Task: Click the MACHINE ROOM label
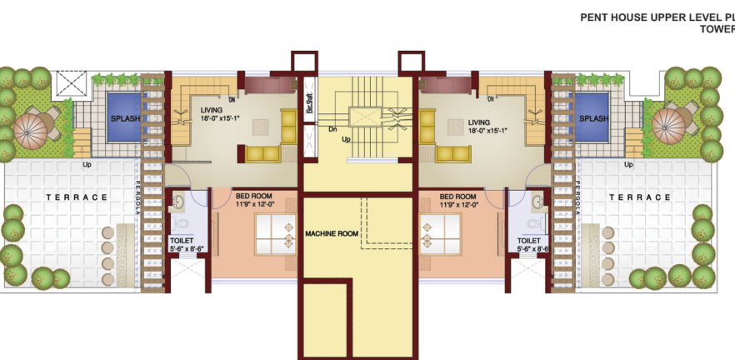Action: tap(331, 233)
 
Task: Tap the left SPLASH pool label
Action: tap(125, 118)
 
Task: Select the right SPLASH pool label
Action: tap(594, 118)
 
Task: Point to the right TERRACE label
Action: tap(640, 197)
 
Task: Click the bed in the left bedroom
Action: tap(275, 233)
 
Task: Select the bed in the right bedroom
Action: tap(442, 233)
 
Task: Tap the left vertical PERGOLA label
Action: tap(139, 197)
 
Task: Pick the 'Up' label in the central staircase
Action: tap(346, 140)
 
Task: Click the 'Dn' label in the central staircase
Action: tap(332, 128)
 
